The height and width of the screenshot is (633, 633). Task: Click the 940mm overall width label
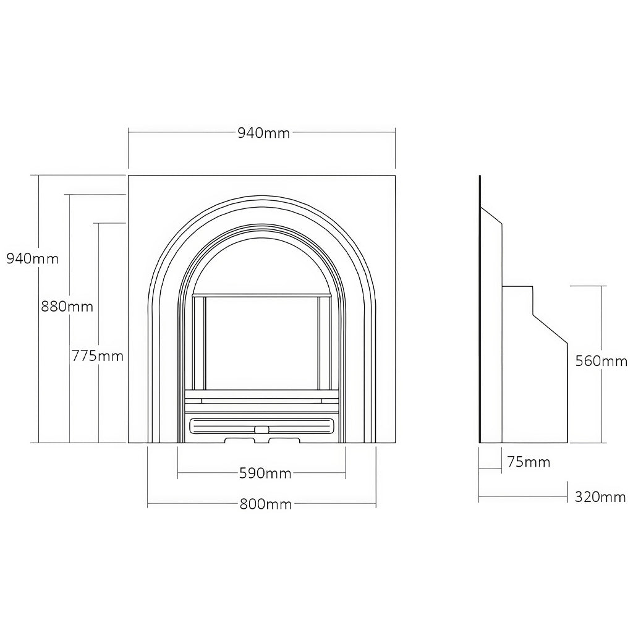click(263, 133)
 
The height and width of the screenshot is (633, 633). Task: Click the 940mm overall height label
click(33, 258)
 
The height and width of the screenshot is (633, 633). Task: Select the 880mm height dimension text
click(67, 306)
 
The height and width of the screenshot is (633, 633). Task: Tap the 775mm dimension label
click(98, 356)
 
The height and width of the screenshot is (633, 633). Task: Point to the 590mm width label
click(265, 474)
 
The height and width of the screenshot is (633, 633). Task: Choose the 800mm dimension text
click(265, 504)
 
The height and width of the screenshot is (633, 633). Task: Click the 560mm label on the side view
click(600, 361)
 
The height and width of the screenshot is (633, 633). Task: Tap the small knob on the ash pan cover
click(262, 428)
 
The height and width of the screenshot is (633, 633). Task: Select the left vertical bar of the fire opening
click(199, 343)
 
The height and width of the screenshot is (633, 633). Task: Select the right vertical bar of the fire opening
click(323, 343)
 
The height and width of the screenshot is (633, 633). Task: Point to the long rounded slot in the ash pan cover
click(223, 427)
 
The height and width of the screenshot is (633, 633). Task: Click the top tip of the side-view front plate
click(480, 177)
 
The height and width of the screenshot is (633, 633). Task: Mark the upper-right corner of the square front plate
click(394, 176)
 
